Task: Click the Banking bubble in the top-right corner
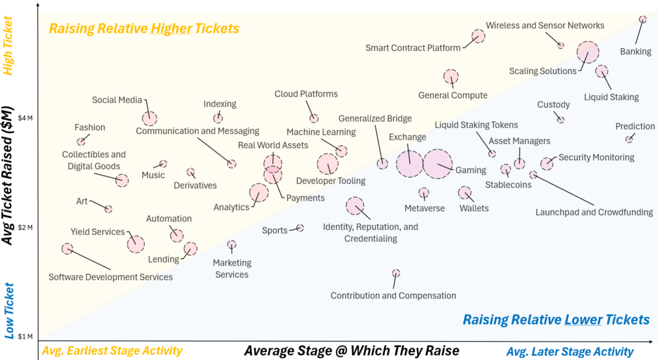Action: tap(643, 19)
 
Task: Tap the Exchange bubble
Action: tap(409, 163)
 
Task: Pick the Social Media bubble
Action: tap(149, 118)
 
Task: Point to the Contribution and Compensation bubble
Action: tap(396, 273)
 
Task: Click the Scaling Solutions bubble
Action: tap(587, 52)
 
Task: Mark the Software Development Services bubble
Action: tap(67, 249)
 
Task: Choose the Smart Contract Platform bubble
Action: tap(478, 36)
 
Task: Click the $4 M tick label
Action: tap(26, 118)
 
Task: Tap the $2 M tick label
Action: tap(26, 227)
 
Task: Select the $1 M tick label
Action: tap(26, 336)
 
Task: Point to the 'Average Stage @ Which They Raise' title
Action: tap(351, 350)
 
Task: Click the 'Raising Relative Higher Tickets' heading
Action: tap(145, 29)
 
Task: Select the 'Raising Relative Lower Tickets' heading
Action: tap(556, 320)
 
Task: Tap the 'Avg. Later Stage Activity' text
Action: tap(570, 351)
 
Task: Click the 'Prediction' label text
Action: tap(635, 127)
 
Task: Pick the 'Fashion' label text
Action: tap(90, 127)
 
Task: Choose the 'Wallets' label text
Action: tap(474, 208)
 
